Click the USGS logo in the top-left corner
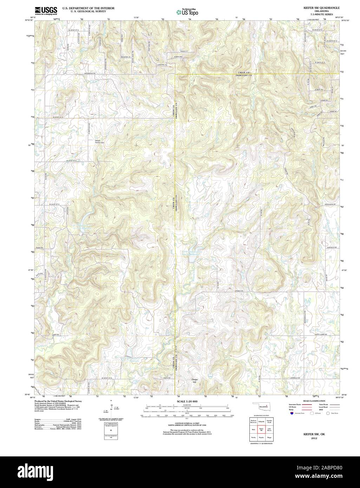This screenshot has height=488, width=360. (46, 10)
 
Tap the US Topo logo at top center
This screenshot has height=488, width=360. (187, 12)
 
